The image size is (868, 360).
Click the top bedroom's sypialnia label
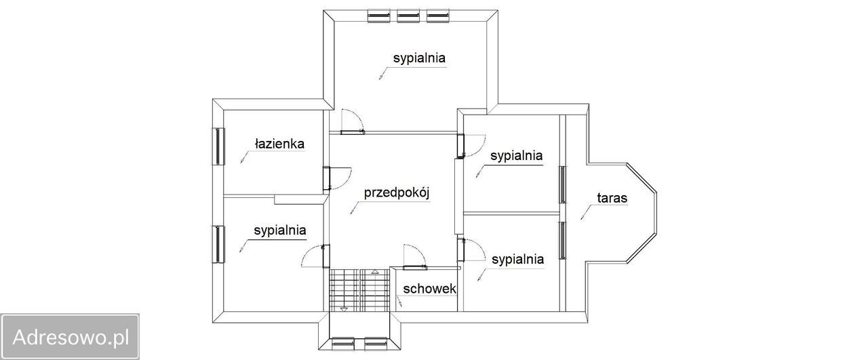419,58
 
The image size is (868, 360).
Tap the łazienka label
279,144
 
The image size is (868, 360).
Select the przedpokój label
397,193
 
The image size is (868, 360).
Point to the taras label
612,199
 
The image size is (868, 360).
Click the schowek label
429,288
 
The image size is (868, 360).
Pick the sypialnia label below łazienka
280,231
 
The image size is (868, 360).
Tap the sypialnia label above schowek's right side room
517,259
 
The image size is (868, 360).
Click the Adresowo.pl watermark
70,337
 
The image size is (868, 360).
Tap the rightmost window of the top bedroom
438,15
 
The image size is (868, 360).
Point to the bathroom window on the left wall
219,145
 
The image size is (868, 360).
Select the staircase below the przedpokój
357,290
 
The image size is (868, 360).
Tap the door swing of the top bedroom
351,121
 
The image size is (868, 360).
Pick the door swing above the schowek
413,254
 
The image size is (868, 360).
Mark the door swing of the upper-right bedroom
472,145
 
